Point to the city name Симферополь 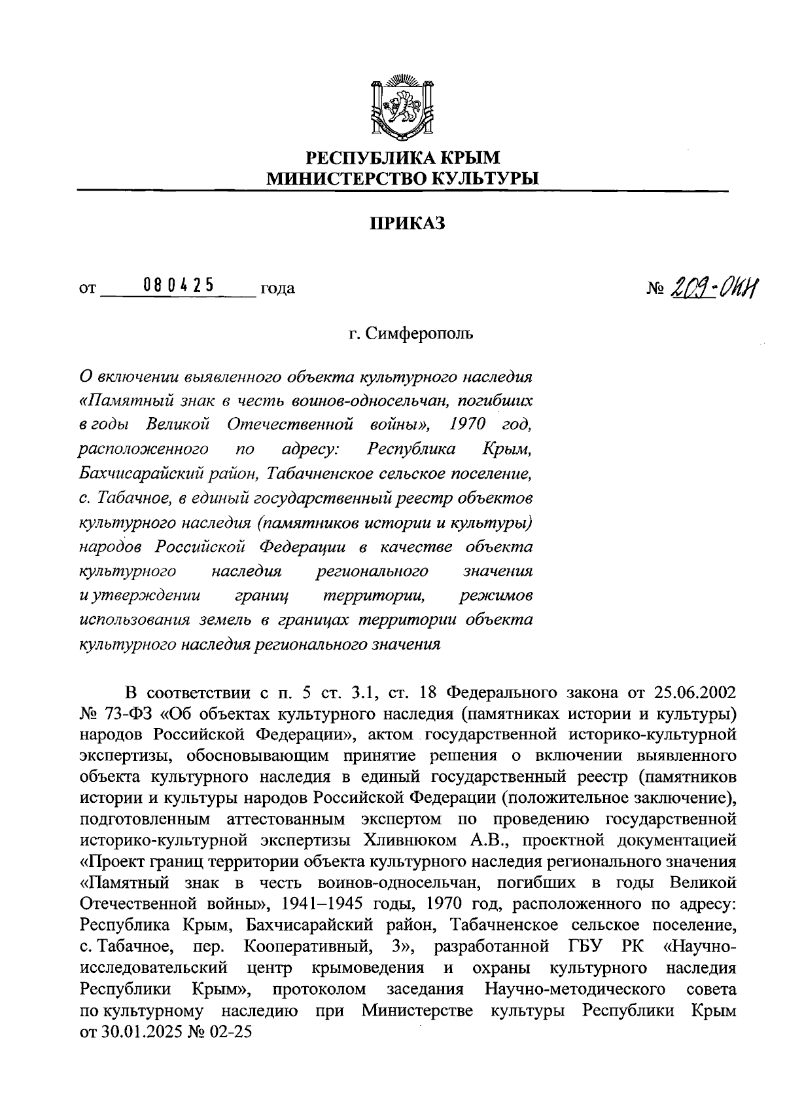[x=419, y=334]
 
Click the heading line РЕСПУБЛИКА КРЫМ [x=403, y=158]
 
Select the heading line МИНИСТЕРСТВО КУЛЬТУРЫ [x=402, y=178]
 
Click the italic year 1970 [x=468, y=424]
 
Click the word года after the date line [x=277, y=288]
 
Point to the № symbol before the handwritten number [x=656, y=288]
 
